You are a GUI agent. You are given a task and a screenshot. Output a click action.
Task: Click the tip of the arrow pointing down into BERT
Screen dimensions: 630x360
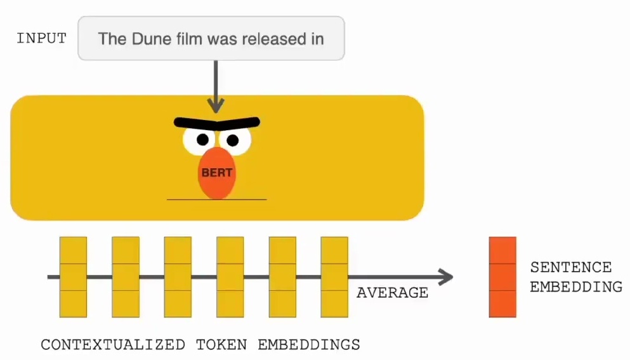click(216, 113)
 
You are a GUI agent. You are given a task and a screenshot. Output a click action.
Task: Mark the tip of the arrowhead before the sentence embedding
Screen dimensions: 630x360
click(453, 277)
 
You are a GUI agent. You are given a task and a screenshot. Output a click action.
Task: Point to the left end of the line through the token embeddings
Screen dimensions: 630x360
click(48, 277)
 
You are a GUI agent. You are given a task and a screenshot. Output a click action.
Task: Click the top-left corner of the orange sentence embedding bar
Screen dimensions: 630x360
click(489, 237)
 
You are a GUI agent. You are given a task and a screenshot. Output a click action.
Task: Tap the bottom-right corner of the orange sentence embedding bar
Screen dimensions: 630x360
click(516, 317)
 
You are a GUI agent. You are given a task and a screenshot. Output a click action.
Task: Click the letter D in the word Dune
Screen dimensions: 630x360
click(138, 39)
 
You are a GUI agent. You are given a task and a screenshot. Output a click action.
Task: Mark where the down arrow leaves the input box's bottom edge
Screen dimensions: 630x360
click(216, 60)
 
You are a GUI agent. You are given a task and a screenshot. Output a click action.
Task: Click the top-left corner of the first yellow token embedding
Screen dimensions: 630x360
click(60, 237)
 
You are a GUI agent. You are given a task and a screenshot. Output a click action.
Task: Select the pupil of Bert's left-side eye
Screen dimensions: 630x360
click(203, 140)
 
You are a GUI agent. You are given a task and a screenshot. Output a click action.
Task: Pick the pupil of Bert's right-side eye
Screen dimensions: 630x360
click(233, 140)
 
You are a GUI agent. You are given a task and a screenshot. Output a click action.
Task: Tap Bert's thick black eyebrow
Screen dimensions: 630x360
click(217, 123)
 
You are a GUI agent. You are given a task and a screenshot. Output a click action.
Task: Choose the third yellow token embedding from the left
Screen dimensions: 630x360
click(178, 277)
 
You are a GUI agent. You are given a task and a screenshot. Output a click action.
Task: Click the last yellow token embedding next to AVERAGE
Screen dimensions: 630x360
click(334, 277)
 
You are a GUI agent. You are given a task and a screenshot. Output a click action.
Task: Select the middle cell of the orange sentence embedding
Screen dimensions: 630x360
click(502, 277)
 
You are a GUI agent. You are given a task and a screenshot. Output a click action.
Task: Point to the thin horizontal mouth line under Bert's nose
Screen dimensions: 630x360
click(216, 199)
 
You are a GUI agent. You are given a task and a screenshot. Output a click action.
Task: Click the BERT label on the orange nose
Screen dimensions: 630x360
click(217, 173)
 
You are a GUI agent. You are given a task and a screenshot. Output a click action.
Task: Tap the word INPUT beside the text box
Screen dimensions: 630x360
click(41, 38)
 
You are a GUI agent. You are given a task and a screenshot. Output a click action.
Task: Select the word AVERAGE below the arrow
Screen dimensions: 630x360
click(392, 293)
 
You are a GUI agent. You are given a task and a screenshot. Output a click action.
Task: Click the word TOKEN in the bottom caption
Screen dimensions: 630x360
click(221, 345)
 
